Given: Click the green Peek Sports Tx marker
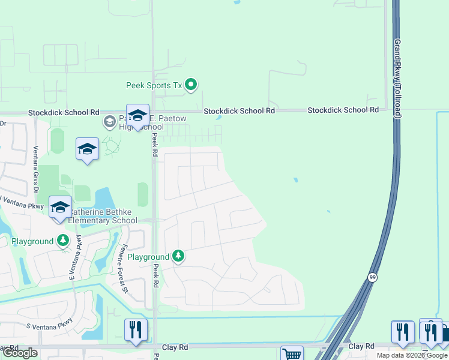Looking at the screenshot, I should click(x=191, y=85).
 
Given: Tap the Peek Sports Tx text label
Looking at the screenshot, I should click(x=154, y=85).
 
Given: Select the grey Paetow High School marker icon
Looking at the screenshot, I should click(x=109, y=122).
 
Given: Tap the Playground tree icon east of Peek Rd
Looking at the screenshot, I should click(x=178, y=256).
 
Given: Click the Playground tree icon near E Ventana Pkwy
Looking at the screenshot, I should click(x=63, y=241).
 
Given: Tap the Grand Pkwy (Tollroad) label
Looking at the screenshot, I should click(x=397, y=79).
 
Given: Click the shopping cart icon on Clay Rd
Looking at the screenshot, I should click(x=292, y=354).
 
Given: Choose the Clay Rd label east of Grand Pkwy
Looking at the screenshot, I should click(x=361, y=346).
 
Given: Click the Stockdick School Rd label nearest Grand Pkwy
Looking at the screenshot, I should click(x=343, y=110).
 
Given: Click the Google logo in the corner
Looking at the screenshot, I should click(x=20, y=353).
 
